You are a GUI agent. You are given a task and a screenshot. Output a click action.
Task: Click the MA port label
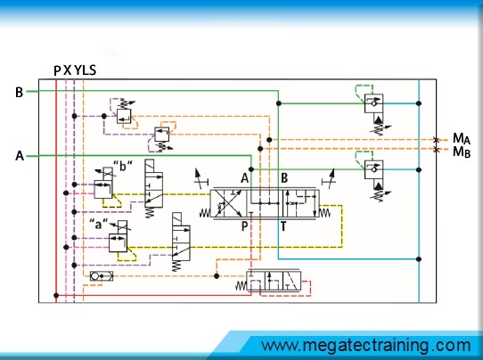462,138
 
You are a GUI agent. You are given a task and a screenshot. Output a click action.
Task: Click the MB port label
462,151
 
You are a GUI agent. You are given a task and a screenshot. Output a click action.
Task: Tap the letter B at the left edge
19,92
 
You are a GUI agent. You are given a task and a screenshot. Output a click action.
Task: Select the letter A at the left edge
20,156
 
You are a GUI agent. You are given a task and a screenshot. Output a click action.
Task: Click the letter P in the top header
57,70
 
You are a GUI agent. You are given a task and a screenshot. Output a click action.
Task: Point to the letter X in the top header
67,70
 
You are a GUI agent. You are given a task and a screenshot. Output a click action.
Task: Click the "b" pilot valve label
123,166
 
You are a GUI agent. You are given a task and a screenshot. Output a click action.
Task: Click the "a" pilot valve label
99,224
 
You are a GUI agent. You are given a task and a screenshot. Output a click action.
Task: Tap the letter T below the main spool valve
283,226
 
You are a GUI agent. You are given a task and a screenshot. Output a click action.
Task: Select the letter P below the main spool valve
244,226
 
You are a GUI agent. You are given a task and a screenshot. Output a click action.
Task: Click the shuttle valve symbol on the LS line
102,276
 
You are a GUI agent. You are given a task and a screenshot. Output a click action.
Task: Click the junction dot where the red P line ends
56,295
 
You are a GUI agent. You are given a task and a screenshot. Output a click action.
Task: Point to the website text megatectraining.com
366,346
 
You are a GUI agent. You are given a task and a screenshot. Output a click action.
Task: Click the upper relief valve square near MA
373,103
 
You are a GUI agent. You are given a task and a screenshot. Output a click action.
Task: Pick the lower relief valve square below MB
373,169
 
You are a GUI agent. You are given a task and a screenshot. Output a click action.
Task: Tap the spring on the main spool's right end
324,212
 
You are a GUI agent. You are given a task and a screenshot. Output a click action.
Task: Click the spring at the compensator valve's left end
241,286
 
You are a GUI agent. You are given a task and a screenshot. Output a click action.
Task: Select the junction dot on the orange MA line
269,140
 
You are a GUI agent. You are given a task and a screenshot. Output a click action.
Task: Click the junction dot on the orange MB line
260,149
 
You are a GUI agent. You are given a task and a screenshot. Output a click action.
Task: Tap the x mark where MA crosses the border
436,140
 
